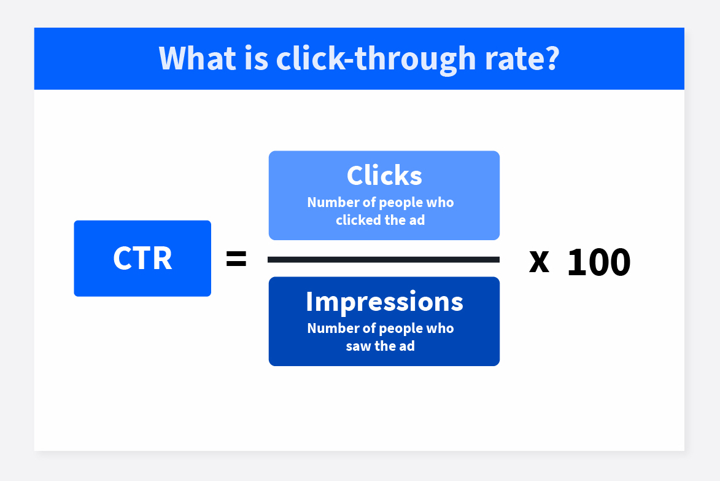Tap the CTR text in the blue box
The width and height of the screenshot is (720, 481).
point(142,259)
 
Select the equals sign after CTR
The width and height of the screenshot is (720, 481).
point(236,259)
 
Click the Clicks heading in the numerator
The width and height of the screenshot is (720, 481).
point(384,176)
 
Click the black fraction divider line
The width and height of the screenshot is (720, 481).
point(384,260)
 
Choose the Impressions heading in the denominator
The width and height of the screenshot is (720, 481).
point(384,301)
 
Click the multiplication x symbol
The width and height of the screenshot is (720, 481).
point(539,262)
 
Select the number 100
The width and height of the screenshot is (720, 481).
point(598,262)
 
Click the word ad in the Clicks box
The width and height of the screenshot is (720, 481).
point(416,220)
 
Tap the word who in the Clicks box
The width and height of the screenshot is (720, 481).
point(441,202)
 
